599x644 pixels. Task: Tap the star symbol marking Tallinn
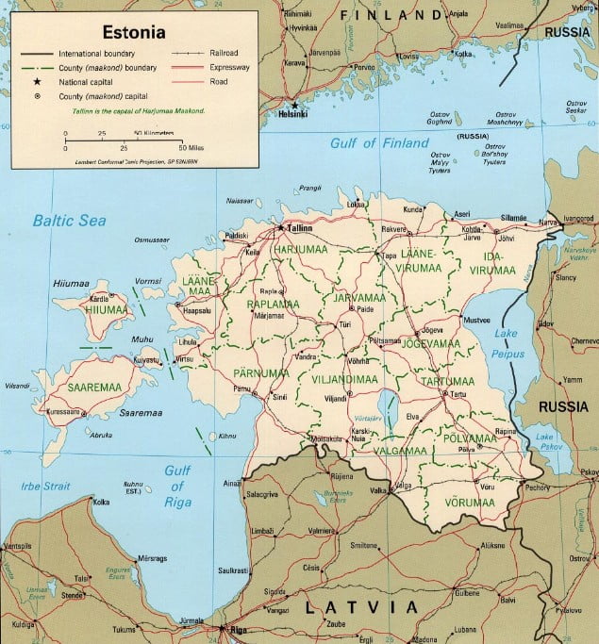tap(280, 227)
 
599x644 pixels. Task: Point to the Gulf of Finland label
tap(366, 142)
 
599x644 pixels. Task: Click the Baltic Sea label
tap(69, 221)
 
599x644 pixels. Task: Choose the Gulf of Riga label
tap(177, 479)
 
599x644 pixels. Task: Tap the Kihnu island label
tap(226, 437)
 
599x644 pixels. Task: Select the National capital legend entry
tap(86, 82)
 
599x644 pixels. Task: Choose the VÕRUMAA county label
tap(470, 503)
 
